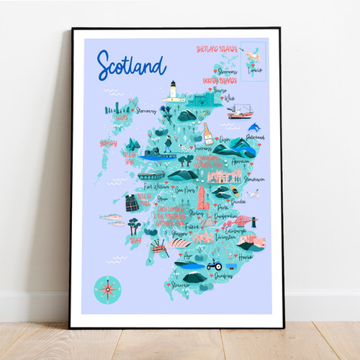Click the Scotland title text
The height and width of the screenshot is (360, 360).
[131, 66]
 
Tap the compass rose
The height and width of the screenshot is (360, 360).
[108, 289]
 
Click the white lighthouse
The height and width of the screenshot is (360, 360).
[172, 91]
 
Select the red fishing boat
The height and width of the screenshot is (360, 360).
[240, 112]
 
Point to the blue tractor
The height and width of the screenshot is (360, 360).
[214, 265]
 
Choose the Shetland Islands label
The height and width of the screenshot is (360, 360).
[217, 50]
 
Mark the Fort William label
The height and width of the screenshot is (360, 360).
[158, 186]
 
